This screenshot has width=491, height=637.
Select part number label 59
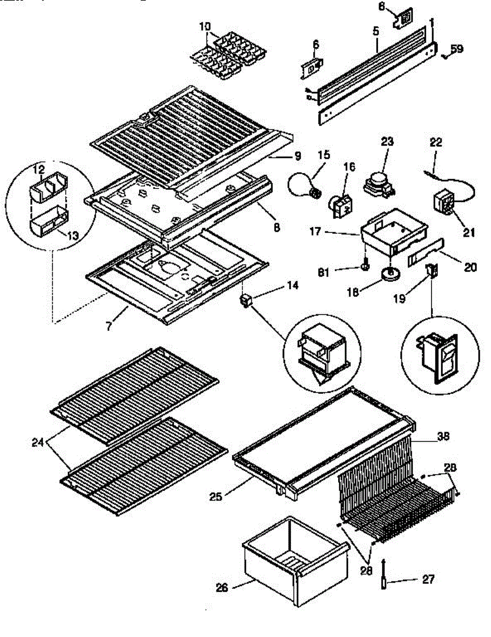pyautogui.click(x=456, y=49)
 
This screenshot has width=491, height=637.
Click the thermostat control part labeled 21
pyautogui.click(x=444, y=204)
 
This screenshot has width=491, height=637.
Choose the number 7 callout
pyautogui.click(x=109, y=325)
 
